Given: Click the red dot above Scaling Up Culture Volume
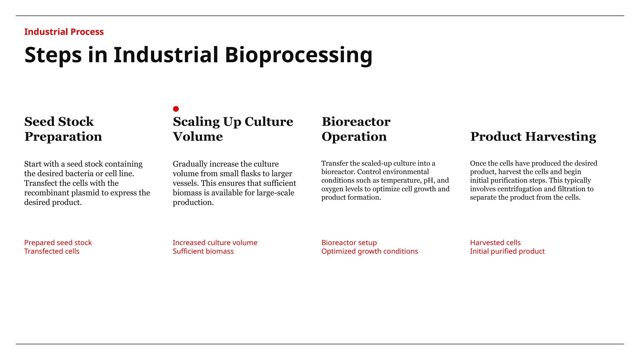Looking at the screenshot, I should click(x=176, y=109).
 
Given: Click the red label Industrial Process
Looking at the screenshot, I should click(x=64, y=32).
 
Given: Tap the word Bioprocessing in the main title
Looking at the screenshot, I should click(x=298, y=55).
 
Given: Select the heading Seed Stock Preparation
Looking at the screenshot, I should click(x=63, y=129).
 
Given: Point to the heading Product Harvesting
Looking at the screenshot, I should click(x=533, y=137).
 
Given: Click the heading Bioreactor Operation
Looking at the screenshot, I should click(x=356, y=129).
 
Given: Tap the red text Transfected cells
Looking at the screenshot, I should click(x=52, y=251).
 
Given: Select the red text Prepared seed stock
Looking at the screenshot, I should click(x=58, y=242).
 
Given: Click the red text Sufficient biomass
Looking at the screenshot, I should click(x=203, y=251).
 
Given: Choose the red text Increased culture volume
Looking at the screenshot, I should click(x=215, y=242).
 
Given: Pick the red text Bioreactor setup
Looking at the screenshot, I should click(x=349, y=242).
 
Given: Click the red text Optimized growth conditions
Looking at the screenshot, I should click(x=369, y=251).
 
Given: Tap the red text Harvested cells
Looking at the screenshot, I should click(x=495, y=242).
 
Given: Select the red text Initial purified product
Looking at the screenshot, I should click(x=507, y=251).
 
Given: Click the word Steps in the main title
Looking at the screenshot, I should click(x=53, y=55).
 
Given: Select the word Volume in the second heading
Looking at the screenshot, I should click(x=198, y=137).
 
